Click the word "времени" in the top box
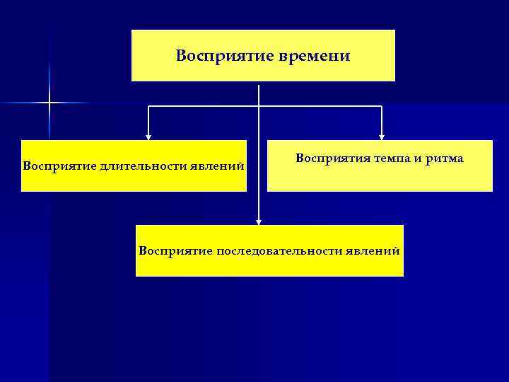[317, 56]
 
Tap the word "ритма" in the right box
[443, 158]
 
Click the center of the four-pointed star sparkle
[49, 103]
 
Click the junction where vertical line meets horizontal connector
[259, 107]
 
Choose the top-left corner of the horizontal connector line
[148, 107]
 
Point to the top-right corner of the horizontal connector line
[382, 107]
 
